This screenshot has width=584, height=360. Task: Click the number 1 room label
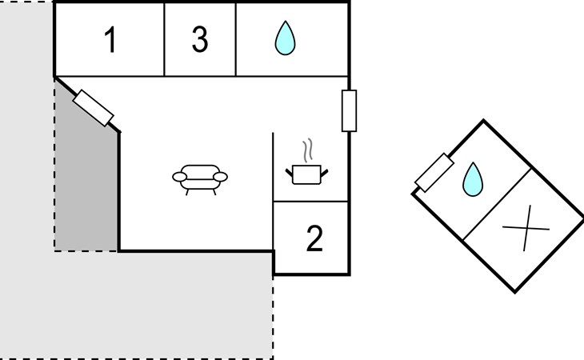[x=110, y=40]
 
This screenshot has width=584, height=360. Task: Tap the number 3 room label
[x=200, y=39]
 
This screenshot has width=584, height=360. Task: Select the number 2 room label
[x=314, y=238]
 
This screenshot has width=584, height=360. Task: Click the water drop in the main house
[x=283, y=38]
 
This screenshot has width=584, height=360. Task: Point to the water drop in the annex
[x=473, y=179]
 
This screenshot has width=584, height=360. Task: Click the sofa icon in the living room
[x=200, y=178]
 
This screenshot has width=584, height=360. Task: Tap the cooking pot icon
[x=306, y=174]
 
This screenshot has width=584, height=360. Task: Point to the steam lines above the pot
[x=306, y=150]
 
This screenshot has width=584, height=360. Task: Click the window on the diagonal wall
[x=93, y=108]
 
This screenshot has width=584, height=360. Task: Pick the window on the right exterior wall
[x=349, y=110]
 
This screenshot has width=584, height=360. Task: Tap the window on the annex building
[x=434, y=173]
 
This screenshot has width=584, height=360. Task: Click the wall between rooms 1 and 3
[x=164, y=39]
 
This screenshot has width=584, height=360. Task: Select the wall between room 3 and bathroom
[x=236, y=39]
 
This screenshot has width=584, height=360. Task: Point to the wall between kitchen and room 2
[x=311, y=202]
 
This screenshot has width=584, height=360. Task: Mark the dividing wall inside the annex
[x=498, y=204]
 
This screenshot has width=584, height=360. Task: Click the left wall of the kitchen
[x=274, y=166]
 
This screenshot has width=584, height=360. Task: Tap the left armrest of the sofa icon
[x=178, y=177]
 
